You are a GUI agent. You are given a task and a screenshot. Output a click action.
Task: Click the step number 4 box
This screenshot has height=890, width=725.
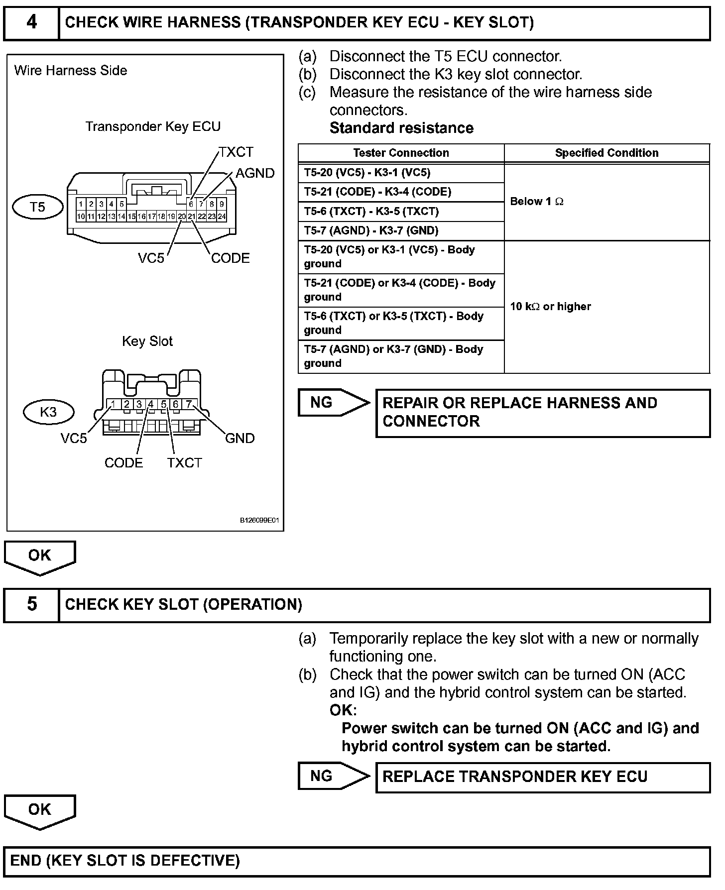click(x=31, y=23)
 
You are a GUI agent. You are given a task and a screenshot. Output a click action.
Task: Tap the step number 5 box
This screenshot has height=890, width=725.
click(x=31, y=604)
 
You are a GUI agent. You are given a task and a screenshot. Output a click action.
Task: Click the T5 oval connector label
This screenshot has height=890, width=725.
click(x=38, y=207)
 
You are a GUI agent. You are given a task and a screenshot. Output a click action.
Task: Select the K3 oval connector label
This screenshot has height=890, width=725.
click(x=48, y=412)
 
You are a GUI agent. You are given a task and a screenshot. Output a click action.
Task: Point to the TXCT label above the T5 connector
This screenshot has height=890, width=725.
click(x=236, y=152)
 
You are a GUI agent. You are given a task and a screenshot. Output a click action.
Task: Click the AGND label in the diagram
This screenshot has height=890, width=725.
click(x=255, y=173)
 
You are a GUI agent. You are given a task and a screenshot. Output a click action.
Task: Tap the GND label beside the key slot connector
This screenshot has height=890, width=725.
click(x=240, y=438)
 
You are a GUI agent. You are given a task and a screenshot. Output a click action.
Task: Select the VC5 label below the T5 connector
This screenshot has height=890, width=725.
click(x=151, y=258)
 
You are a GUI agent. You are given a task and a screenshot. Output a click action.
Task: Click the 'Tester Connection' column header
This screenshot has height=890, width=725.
click(x=401, y=153)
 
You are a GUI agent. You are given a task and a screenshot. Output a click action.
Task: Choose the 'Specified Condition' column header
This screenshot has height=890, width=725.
click(x=606, y=153)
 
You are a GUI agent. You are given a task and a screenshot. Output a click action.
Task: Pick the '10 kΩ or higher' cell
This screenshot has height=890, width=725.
click(x=550, y=307)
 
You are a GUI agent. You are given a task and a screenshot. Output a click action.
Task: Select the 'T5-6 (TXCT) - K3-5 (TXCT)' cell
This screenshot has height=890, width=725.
click(x=371, y=212)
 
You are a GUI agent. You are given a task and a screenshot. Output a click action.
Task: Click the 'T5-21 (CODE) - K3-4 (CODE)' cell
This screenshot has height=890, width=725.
click(x=377, y=192)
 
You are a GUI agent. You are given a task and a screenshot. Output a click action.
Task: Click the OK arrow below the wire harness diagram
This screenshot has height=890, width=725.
click(x=39, y=557)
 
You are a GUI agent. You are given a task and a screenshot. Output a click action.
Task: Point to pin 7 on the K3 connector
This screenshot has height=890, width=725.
click(x=189, y=404)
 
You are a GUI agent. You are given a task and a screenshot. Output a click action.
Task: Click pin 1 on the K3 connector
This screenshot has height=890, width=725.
click(x=114, y=404)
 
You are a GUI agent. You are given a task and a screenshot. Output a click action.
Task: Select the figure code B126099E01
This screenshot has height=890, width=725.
click(x=259, y=521)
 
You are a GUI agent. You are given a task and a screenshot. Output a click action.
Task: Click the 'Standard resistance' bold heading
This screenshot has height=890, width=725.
click(x=401, y=128)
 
